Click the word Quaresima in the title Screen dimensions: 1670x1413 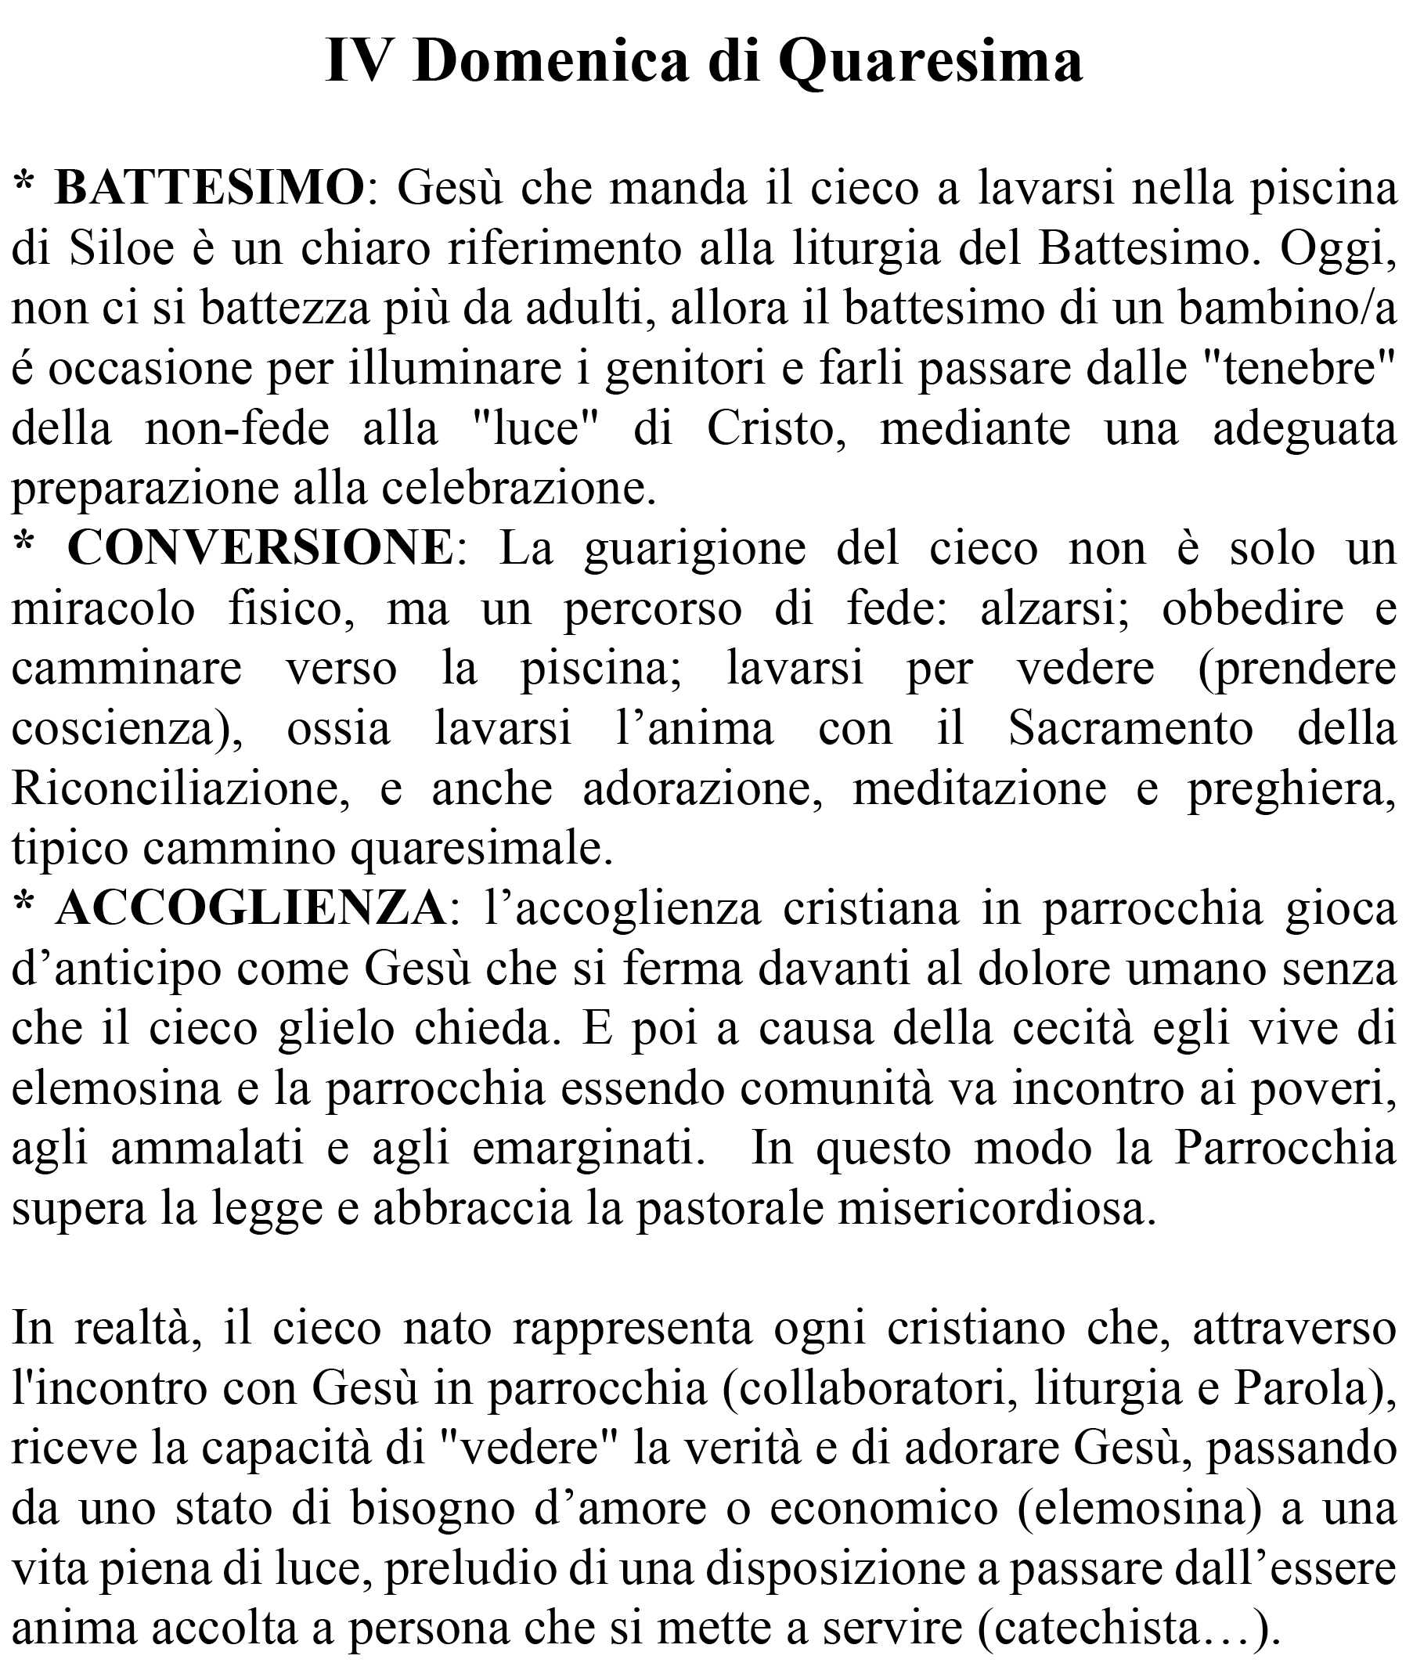[930, 63]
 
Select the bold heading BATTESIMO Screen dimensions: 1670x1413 [209, 189]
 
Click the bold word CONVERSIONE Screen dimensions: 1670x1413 [261, 549]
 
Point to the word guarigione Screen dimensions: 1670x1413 [694, 550]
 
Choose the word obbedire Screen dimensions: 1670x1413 [1252, 608]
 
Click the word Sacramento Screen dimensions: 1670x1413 [1130, 729]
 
